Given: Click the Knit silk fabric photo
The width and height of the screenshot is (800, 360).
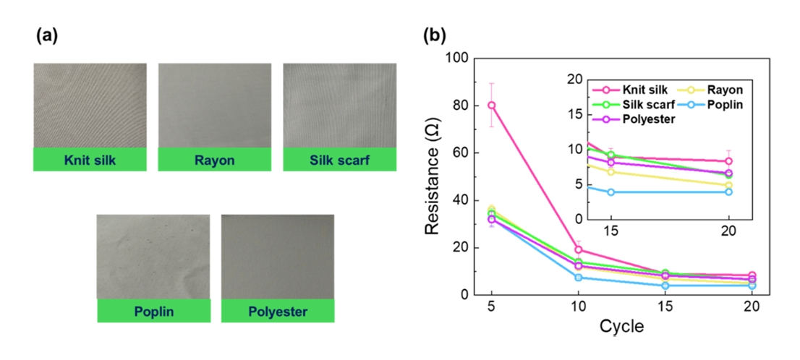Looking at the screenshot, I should [90, 105].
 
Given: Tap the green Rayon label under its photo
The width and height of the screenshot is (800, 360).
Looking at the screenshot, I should [214, 160].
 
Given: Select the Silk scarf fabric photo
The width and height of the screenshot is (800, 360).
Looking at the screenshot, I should [339, 105].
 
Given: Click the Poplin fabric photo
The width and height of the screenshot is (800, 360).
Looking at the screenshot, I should [153, 257].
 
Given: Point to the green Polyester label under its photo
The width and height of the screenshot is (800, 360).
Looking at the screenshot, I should [278, 312].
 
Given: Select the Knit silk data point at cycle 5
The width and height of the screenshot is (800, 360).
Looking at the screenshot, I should [492, 105].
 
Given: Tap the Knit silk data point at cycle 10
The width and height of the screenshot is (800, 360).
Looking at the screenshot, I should [579, 250].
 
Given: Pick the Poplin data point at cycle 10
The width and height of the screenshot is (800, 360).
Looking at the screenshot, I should [579, 278].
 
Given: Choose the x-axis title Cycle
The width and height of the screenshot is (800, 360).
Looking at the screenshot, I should [621, 326].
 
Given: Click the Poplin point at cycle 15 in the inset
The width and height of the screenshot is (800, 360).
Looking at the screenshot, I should [611, 192].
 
